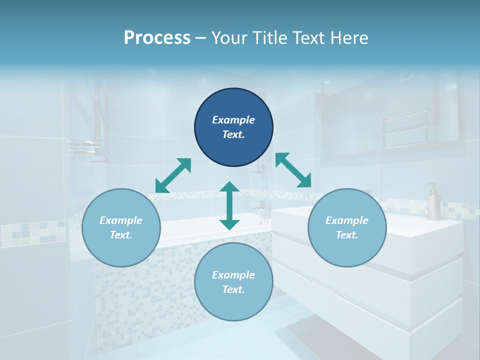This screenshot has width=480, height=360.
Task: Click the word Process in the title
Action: [x=157, y=38]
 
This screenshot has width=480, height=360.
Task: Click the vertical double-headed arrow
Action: [x=229, y=205]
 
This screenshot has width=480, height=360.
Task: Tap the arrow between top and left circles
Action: [x=173, y=175]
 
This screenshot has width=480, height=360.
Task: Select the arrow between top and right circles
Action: [x=293, y=170]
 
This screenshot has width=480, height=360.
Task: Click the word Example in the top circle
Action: [x=233, y=120]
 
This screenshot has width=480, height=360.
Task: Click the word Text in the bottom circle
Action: [x=233, y=289]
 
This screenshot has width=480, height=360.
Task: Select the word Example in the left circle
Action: [x=121, y=220]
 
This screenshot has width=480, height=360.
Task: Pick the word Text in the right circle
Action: [x=347, y=235]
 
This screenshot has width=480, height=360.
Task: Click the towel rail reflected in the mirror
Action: [x=405, y=127]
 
